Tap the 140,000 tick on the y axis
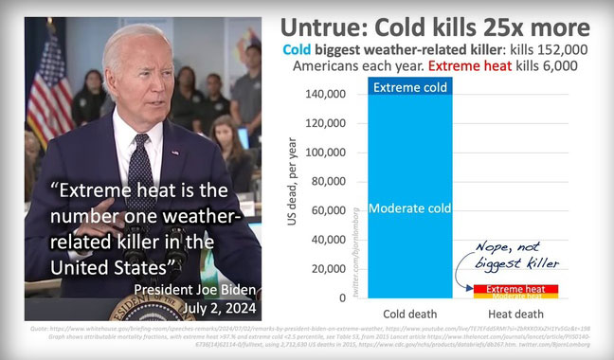coord(326,95)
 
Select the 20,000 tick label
coord(329,269)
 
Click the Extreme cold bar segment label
coord(410,88)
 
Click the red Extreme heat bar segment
coord(516,288)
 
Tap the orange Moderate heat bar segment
coord(516,296)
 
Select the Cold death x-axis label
coord(410,314)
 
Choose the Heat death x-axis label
coord(516,314)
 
